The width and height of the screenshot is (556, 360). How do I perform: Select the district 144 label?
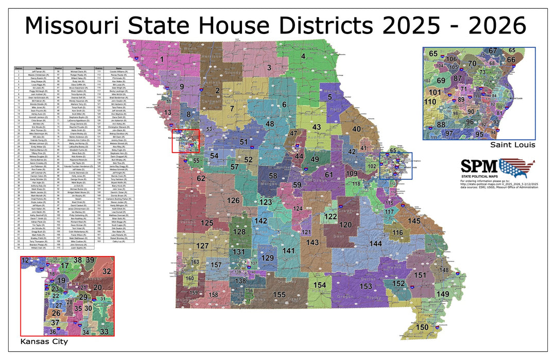point(376,243)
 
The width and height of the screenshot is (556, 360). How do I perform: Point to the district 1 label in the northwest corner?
point(162,60)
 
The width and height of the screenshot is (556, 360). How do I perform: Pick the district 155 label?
point(280,295)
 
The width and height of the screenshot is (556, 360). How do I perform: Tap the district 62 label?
point(201,178)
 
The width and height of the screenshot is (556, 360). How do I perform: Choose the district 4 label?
point(304,56)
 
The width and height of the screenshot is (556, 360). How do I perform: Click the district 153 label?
point(366,286)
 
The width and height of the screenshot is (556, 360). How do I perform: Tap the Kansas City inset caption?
point(44,341)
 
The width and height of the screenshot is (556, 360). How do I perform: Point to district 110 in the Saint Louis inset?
point(430,102)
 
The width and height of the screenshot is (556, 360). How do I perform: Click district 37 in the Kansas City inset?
point(55,322)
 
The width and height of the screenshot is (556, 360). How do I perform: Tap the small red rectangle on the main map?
point(185,141)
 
